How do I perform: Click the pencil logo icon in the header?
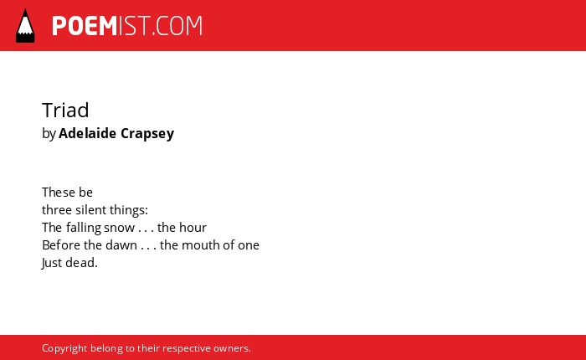(25, 26)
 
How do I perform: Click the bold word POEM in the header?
(85, 26)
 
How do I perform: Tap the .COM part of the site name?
(177, 26)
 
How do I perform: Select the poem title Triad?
(65, 110)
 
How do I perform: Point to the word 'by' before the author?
(49, 134)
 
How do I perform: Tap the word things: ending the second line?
(129, 210)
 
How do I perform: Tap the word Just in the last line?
(52, 263)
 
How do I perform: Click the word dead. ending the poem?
(81, 263)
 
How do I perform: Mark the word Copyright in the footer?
(64, 348)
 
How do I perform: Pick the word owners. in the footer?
(232, 349)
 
